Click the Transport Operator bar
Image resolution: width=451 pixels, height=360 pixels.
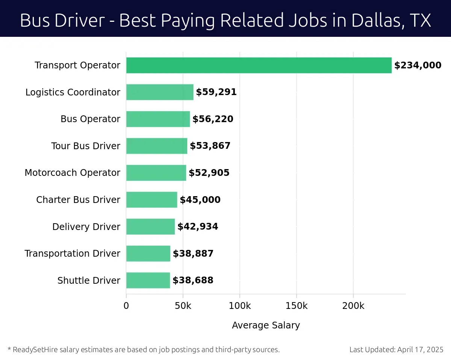tap(259, 65)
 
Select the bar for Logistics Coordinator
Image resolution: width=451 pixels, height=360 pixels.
tap(160, 92)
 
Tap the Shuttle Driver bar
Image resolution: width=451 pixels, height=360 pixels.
tap(148, 280)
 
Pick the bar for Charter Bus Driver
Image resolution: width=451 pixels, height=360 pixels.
tap(151, 200)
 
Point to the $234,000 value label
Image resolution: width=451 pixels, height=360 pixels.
tap(418, 65)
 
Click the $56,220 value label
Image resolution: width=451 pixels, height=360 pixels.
tap(213, 119)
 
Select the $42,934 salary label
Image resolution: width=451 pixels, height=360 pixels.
tap(198, 227)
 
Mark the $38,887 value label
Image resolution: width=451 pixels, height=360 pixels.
tap(193, 254)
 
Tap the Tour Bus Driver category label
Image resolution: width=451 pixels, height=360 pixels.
tap(86, 146)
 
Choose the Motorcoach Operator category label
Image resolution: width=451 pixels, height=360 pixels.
tap(73, 173)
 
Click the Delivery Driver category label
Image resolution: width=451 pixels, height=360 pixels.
tap(86, 227)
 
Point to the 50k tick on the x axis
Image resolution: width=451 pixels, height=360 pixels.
tap(183, 306)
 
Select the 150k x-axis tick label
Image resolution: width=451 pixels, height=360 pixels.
tap(297, 306)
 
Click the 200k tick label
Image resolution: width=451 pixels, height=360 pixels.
tap(353, 306)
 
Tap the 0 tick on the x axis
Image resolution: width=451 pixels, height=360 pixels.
tap(126, 306)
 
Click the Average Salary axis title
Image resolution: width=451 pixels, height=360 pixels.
tap(266, 325)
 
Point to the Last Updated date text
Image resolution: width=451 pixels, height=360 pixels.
tap(396, 350)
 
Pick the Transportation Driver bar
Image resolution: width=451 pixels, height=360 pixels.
tap(148, 254)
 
